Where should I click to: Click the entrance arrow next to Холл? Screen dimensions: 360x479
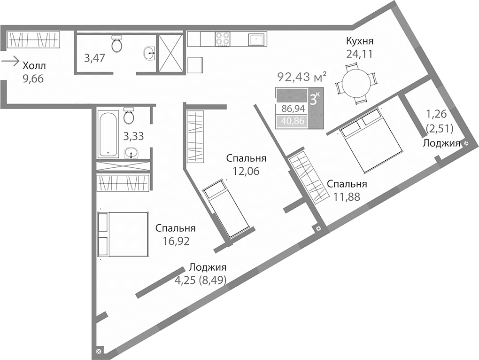[x=10, y=61]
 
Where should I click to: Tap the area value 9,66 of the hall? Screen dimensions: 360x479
[x=33, y=78]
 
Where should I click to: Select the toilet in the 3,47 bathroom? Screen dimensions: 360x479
[x=116, y=44]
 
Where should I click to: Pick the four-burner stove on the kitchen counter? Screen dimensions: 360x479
[x=223, y=39]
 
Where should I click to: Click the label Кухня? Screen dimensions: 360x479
[x=359, y=41]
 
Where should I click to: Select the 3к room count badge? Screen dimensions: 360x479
[x=314, y=99]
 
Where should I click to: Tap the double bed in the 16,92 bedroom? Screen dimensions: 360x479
[x=123, y=235]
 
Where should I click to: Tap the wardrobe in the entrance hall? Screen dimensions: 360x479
[x=34, y=39]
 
